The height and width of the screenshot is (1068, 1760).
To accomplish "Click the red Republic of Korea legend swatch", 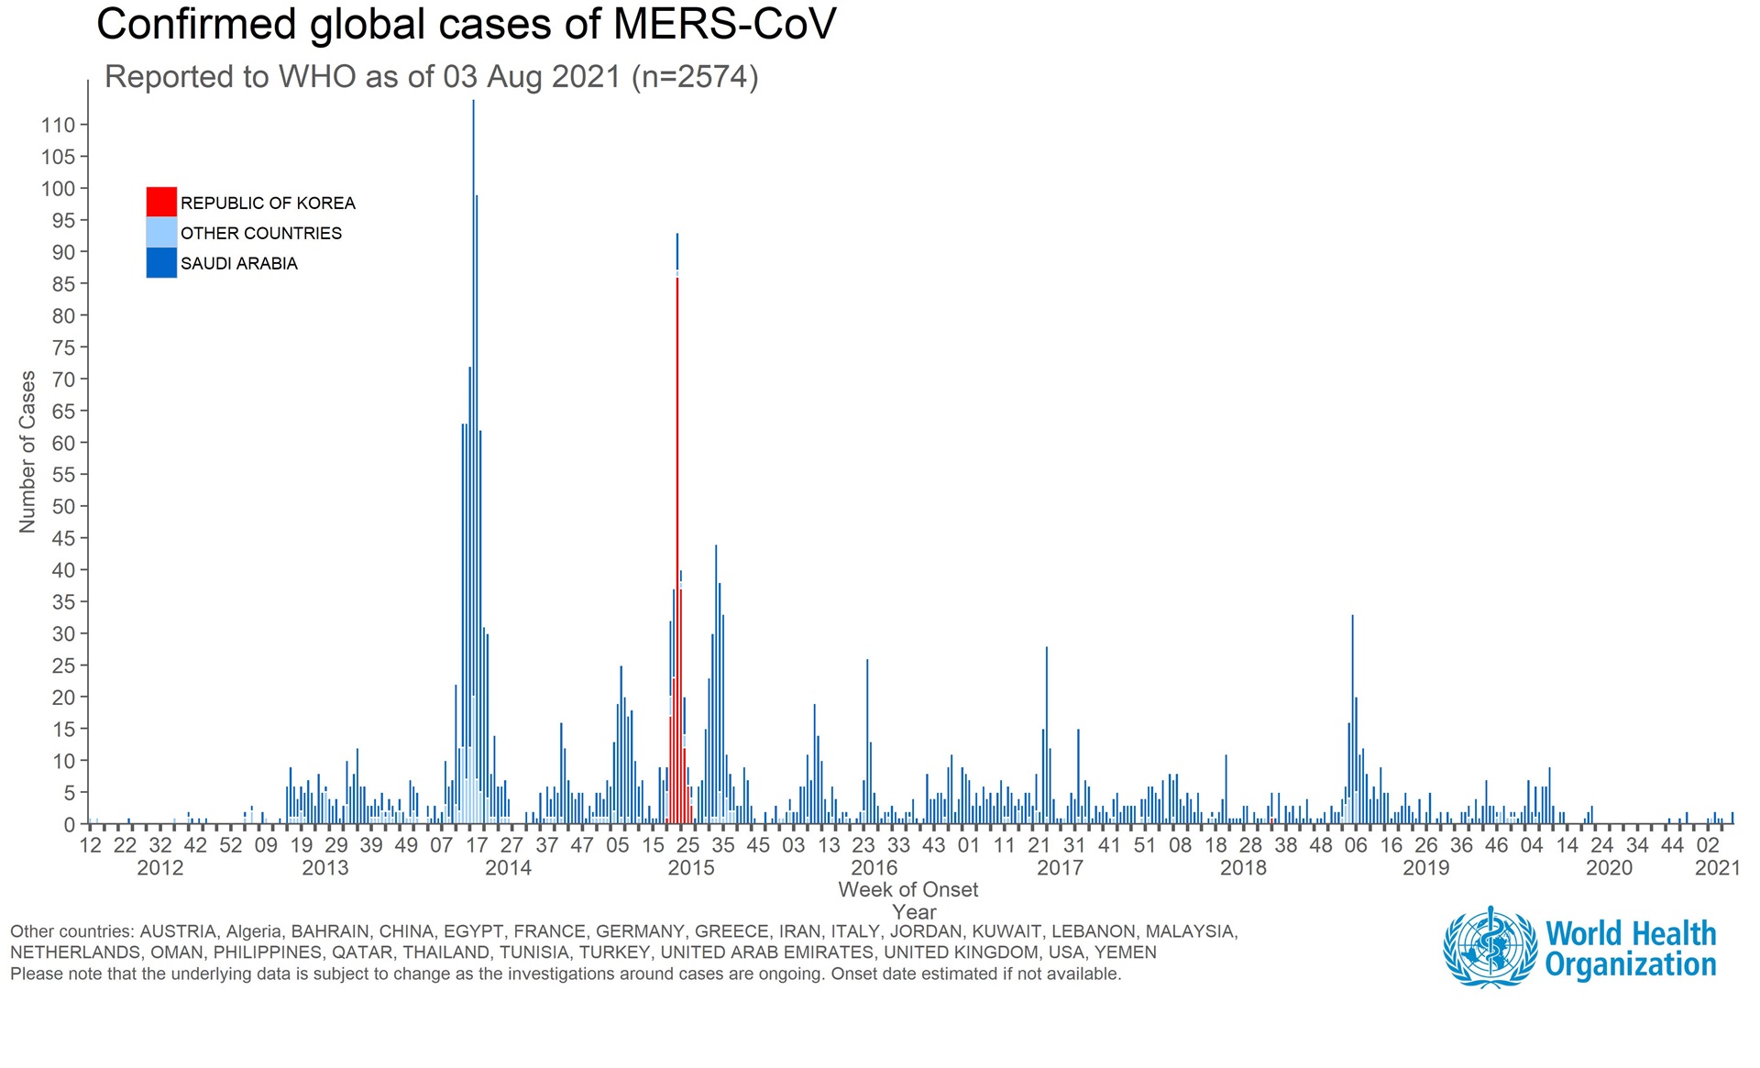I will coord(161,202).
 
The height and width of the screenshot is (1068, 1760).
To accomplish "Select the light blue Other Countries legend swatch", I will coord(161,232).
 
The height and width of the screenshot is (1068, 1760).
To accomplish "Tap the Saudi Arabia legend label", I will coord(238,264).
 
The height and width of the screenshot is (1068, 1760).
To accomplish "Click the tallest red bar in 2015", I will coord(677,550).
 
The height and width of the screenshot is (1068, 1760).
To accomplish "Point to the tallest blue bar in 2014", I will coord(473,458).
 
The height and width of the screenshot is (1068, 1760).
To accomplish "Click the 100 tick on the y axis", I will coord(58,189).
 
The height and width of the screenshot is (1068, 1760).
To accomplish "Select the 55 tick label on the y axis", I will coord(63,475).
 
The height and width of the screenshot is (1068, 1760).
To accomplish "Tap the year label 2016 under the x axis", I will coord(874,868).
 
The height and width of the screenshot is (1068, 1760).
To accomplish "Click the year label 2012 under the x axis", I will coord(160,868).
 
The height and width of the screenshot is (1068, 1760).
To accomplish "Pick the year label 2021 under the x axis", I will coord(1717,868).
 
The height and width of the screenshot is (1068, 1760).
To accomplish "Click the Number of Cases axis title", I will coord(27,451).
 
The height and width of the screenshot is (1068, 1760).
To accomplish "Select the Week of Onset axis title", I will coord(907,890).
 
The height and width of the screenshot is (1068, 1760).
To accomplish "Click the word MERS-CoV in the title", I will coord(724,25).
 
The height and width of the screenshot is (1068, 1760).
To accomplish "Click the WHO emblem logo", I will coord(1490,948).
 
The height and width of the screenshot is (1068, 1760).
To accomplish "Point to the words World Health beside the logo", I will coord(1630,933).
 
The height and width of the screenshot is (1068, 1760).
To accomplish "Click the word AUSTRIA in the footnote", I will coord(178,931).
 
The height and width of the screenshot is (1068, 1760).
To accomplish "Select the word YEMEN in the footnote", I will coord(1126,952).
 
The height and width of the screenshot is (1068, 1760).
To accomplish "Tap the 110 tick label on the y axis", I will coord(58,126).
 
